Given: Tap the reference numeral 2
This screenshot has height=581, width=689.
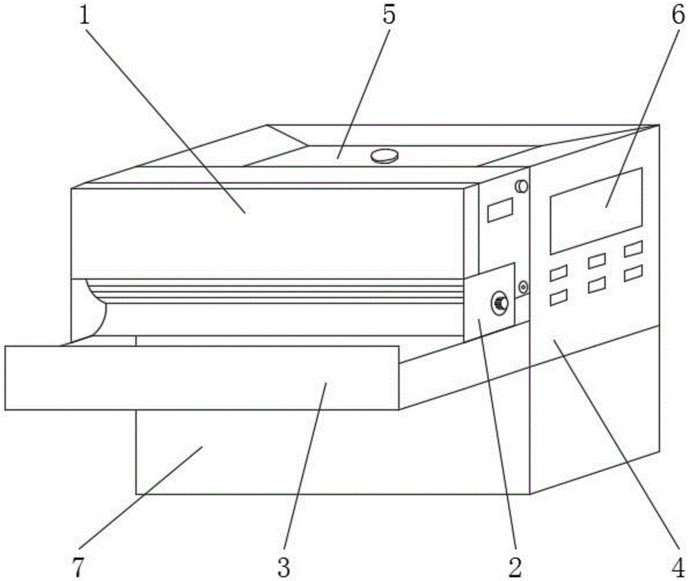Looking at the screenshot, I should pyautogui.click(x=513, y=567).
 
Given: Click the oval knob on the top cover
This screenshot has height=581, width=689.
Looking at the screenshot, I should pyautogui.click(x=385, y=156).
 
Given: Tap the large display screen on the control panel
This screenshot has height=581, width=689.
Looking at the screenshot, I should pyautogui.click(x=596, y=210).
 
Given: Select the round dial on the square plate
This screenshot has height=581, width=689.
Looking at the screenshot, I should pyautogui.click(x=499, y=302).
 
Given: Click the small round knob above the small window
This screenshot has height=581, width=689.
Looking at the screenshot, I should pyautogui.click(x=521, y=186).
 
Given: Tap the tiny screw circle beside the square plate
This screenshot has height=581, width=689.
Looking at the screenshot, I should pyautogui.click(x=524, y=286).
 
